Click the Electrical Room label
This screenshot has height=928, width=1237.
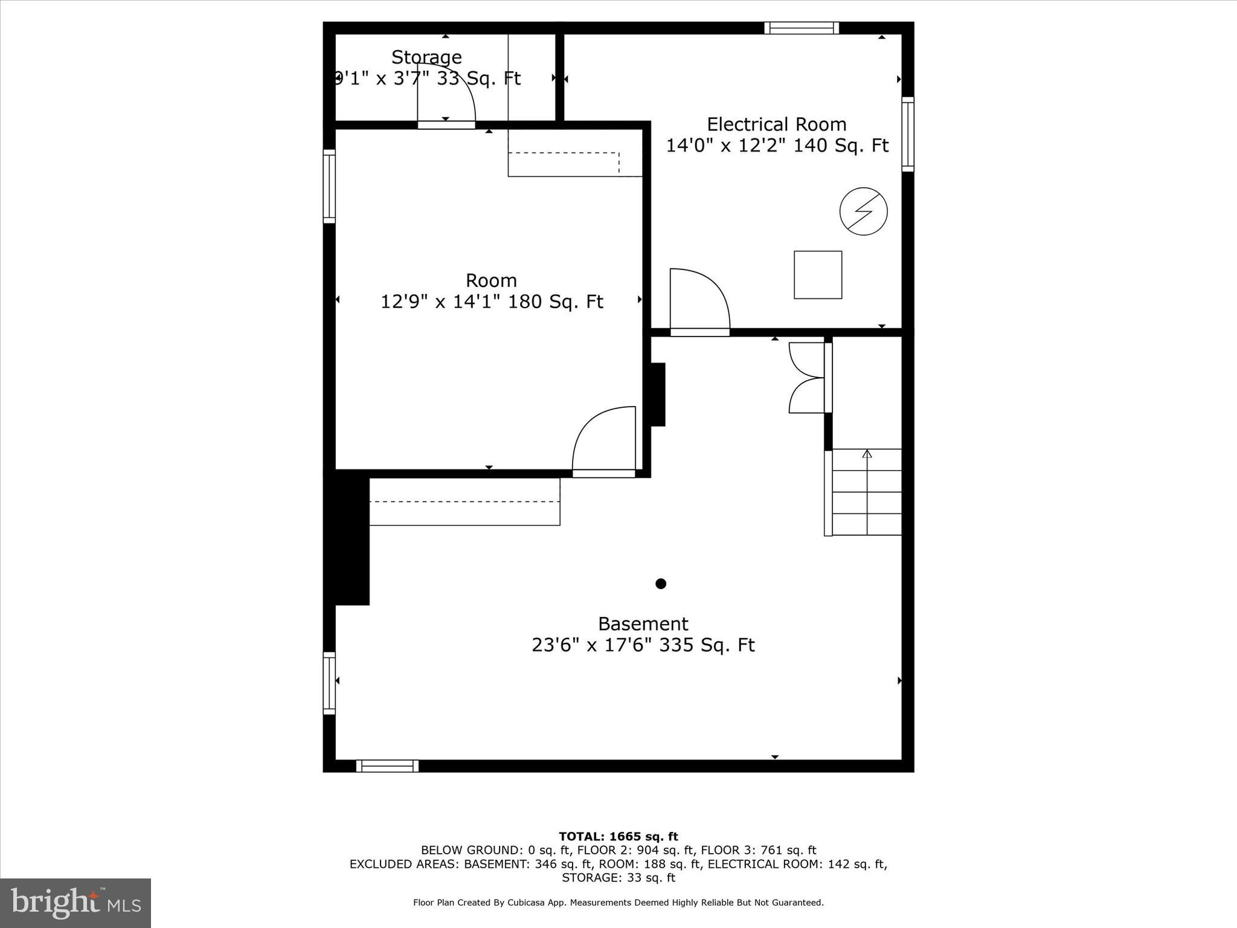pos(776,124)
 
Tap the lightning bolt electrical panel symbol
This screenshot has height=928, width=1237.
pos(863,211)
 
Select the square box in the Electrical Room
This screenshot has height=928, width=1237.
pos(817,275)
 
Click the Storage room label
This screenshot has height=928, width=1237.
pos(426,57)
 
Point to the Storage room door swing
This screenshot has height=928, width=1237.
pos(447,94)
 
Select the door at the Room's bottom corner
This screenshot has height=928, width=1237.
pos(604,440)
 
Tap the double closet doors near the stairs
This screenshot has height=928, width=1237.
pos(807,378)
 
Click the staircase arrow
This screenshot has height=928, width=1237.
pos(867,454)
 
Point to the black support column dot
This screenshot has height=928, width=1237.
pos(661,584)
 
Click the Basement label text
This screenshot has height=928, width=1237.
pos(643,623)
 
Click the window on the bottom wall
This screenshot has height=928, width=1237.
pos(387,766)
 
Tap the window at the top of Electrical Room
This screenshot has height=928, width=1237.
pos(802,28)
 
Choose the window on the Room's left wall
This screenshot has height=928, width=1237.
pos(329,186)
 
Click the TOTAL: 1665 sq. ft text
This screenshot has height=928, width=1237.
pos(618,837)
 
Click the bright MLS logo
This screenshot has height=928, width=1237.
pos(76,903)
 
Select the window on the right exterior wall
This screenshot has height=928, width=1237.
pos(908,134)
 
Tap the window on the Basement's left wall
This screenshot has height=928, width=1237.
pos(329,683)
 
